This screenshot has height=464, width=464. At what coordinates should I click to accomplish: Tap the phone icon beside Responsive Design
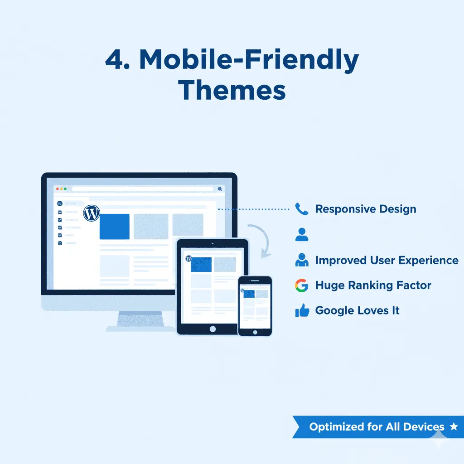pyautogui.click(x=301, y=209)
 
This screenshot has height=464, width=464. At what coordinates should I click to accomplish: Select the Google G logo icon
pyautogui.click(x=301, y=285)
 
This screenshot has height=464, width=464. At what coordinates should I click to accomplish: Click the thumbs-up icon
pyautogui.click(x=302, y=311)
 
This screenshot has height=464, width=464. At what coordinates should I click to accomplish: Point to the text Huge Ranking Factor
pyautogui.click(x=373, y=285)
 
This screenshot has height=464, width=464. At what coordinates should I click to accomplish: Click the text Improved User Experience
pyautogui.click(x=387, y=261)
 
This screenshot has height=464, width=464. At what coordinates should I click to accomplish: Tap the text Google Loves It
pyautogui.click(x=357, y=311)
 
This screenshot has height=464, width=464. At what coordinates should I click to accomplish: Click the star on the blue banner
pyautogui.click(x=453, y=426)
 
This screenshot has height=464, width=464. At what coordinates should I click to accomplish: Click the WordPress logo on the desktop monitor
pyautogui.click(x=92, y=213)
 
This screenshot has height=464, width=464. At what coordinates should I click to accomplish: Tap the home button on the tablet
pyautogui.click(x=212, y=329)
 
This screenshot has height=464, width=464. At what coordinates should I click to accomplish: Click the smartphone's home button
pyautogui.click(x=255, y=332)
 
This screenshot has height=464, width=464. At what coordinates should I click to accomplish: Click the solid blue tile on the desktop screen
pyautogui.click(x=114, y=226)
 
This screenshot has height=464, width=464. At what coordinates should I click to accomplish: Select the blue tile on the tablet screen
pyautogui.click(x=201, y=265)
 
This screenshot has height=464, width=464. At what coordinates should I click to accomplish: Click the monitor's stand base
pyautogui.click(x=140, y=328)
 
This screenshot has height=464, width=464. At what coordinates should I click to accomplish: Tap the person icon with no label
pyautogui.click(x=301, y=235)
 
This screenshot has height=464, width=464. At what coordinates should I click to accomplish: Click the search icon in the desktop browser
pyautogui.click(x=220, y=189)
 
